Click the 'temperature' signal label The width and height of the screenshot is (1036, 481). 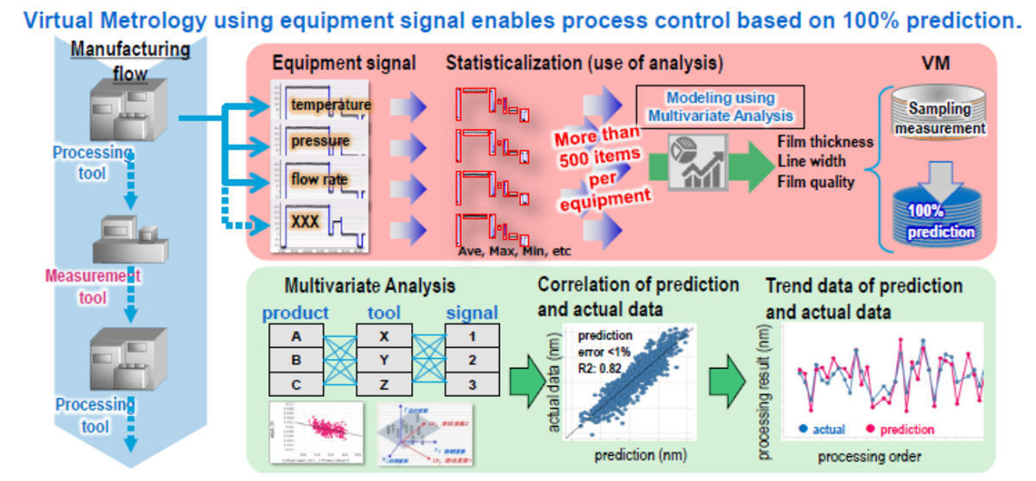tap(331, 105)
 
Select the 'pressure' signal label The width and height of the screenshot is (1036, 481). tap(320, 141)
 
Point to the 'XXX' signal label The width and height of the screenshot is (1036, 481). tap(306, 221)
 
